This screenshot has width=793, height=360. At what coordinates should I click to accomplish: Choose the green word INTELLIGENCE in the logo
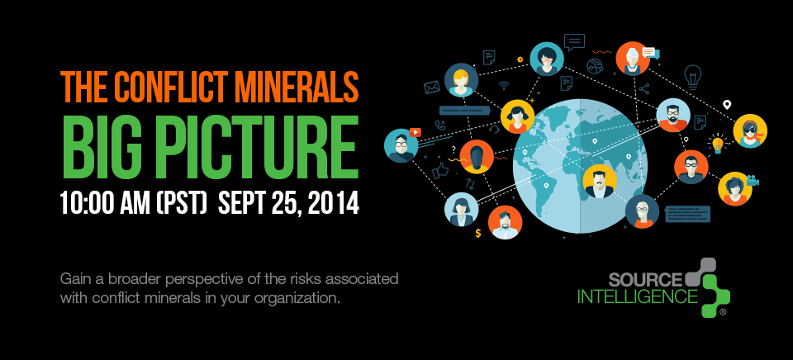637,296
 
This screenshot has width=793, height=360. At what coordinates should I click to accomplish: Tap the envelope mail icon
431,88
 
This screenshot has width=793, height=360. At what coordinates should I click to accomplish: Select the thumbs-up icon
440,170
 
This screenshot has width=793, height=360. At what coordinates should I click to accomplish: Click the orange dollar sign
478,233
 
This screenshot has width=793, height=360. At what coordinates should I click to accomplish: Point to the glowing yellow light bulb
717,143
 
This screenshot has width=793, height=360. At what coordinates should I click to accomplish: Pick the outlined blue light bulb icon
692,77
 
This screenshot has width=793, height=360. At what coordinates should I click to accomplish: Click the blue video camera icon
753,180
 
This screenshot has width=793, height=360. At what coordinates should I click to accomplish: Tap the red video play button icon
415,132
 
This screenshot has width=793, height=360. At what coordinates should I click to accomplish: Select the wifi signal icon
504,85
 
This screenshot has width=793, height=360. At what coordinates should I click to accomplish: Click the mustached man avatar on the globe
600,182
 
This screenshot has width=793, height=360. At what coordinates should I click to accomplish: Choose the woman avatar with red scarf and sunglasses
750,131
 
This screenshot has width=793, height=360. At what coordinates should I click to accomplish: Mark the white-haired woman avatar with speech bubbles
633,59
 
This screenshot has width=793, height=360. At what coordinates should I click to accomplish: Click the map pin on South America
546,186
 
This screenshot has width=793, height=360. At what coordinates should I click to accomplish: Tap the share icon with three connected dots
643,89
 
